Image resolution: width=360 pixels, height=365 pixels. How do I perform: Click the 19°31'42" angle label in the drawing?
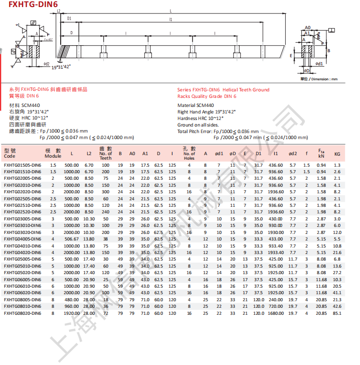tap(62, 66)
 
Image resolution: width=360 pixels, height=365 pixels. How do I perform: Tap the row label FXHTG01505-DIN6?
tap(23, 165)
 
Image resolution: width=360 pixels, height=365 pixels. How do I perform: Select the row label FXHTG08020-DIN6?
tap(23, 313)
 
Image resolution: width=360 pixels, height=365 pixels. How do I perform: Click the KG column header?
tap(337, 154)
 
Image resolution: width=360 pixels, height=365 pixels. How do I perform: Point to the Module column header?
tap(53, 154)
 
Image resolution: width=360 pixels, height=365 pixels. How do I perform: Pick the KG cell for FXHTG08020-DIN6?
tap(337, 313)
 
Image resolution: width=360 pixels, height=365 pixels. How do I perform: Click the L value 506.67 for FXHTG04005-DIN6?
tap(72, 239)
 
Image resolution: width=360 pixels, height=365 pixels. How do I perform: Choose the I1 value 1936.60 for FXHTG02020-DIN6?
tap(276, 192)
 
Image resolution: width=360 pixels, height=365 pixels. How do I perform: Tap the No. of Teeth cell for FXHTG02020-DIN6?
tap(105, 192)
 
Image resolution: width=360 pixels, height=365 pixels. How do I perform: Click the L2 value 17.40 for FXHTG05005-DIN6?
tap(89, 259)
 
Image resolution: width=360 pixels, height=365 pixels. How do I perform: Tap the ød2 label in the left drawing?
tap(47, 64)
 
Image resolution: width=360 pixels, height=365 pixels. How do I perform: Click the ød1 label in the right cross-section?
tap(319, 64)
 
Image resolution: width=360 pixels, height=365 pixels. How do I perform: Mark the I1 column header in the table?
tap(276, 154)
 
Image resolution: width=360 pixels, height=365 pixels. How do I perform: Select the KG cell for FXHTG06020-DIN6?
tap(337, 293)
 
